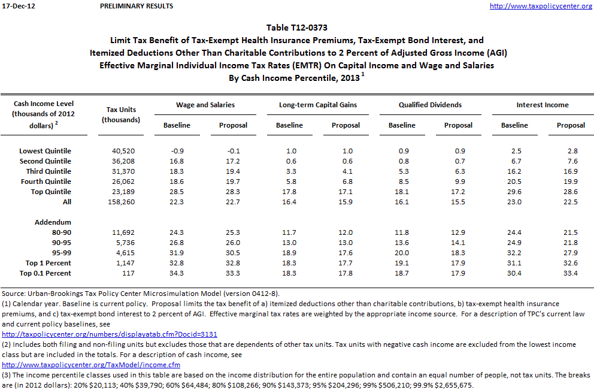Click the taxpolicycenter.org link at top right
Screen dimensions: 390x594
coord(541,6)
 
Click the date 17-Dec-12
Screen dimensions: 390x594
coord(16,6)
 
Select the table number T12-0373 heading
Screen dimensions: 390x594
coord(297,27)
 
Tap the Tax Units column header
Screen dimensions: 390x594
coord(121,114)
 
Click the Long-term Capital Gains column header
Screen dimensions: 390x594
coord(318,105)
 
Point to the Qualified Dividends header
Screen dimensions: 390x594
coord(430,105)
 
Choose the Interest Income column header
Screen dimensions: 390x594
coord(543,105)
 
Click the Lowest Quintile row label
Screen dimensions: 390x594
coord(45,151)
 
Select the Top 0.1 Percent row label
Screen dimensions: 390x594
coord(45,273)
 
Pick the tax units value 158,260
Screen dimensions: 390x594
coord(121,202)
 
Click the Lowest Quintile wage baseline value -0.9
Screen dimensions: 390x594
coord(177,151)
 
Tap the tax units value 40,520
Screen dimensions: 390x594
coord(121,151)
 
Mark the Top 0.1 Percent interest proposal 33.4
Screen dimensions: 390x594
coord(571,273)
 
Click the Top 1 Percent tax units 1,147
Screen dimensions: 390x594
coord(121,263)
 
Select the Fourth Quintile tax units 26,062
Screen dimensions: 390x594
coord(121,182)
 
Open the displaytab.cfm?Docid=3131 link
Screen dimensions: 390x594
coord(110,334)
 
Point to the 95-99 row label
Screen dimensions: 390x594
coord(60,253)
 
